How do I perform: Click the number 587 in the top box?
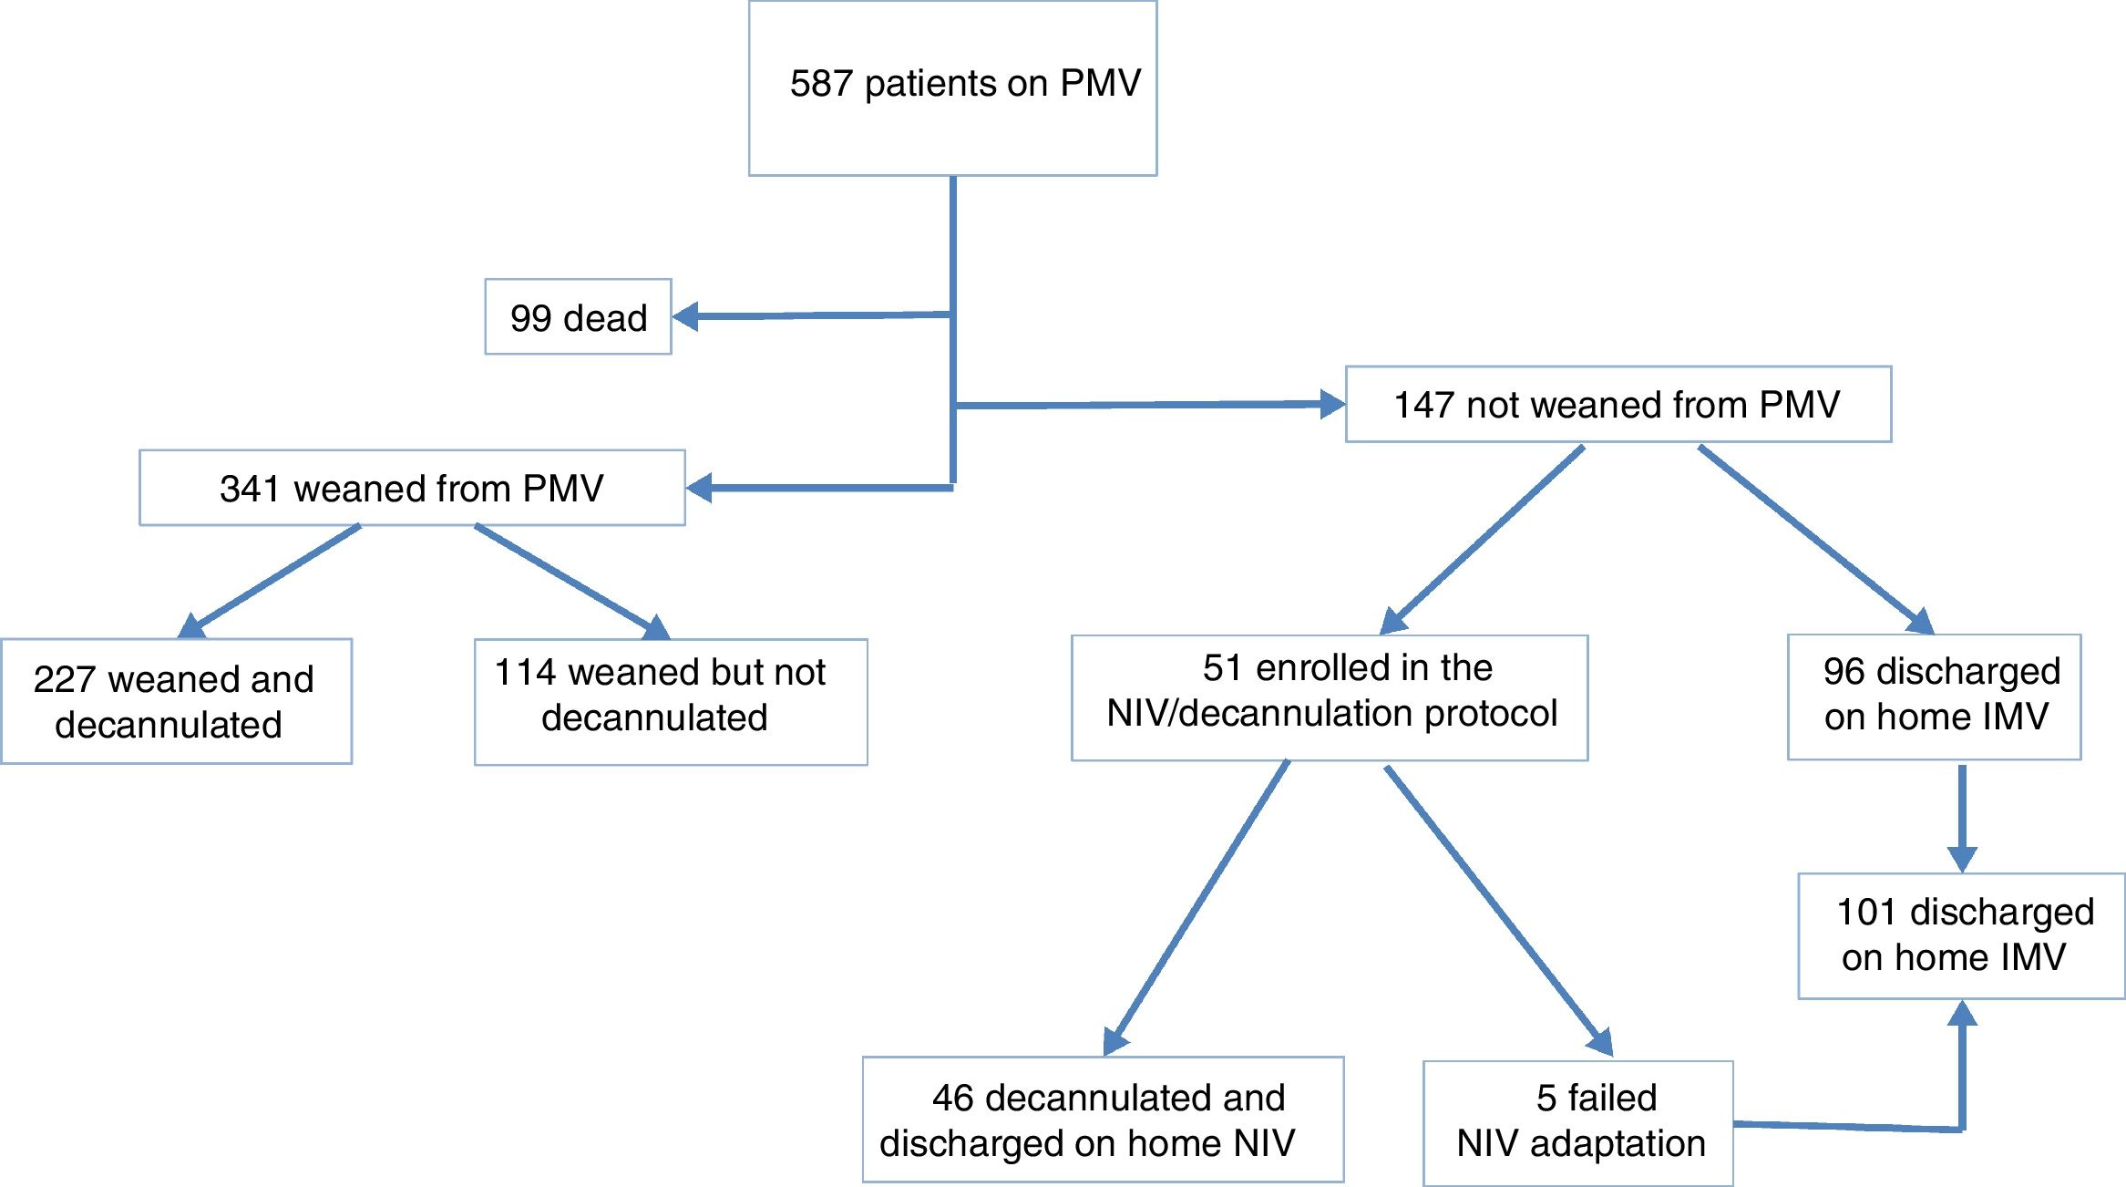(x=821, y=84)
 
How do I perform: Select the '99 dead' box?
(x=578, y=317)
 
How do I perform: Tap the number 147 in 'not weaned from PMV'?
(x=1423, y=405)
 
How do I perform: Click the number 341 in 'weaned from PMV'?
(x=250, y=489)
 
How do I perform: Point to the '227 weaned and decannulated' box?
(x=176, y=701)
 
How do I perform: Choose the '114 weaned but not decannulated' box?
(x=671, y=702)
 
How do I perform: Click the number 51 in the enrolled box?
(x=1222, y=668)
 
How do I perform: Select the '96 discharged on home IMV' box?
(x=1934, y=697)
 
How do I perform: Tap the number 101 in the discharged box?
(x=1867, y=913)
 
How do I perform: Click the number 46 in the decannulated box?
(x=953, y=1099)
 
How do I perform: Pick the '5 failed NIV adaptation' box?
(x=1577, y=1123)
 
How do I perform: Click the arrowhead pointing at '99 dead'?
(x=686, y=317)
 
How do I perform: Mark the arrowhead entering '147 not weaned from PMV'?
(x=1331, y=404)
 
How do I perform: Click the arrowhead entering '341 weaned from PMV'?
(x=700, y=489)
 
